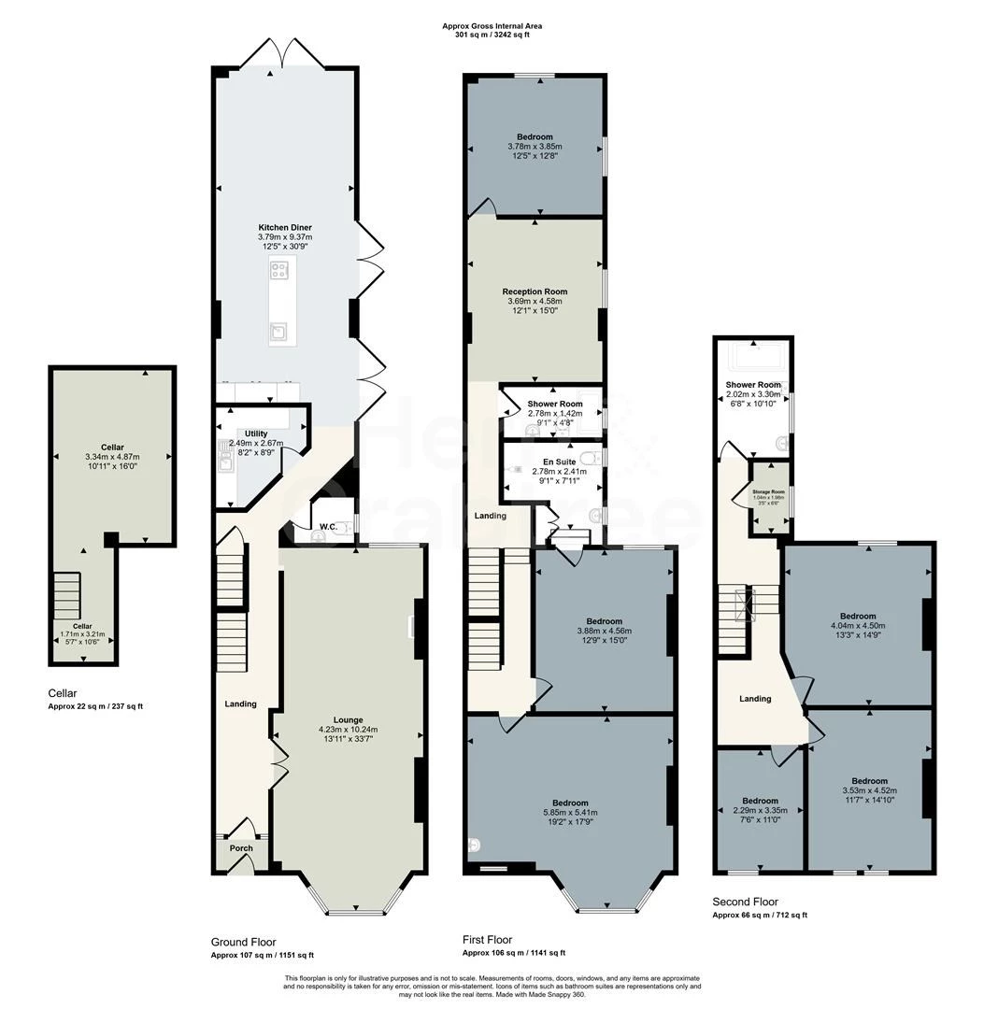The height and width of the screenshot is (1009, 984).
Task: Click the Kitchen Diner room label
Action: coord(285,227)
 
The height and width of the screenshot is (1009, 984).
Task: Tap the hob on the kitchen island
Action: coord(278,272)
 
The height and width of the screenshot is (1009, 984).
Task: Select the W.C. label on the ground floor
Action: coord(328,526)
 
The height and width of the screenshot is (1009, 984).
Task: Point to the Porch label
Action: coord(241,848)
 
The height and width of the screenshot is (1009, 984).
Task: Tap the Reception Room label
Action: coord(535,291)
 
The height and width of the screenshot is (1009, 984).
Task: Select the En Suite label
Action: coord(560,462)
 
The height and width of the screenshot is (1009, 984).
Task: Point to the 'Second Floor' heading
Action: coord(745,902)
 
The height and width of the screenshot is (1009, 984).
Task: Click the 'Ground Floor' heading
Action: coord(244,942)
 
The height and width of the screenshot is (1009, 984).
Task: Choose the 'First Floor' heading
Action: coord(488,940)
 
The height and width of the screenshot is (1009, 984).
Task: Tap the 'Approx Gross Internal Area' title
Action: coord(492,26)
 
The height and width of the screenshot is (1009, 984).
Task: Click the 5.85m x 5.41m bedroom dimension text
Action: coord(570,813)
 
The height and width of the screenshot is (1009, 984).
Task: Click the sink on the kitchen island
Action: coord(278,329)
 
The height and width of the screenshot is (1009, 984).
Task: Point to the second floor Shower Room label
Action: coord(753,385)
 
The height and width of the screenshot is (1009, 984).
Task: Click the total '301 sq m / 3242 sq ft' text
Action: coord(492,35)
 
